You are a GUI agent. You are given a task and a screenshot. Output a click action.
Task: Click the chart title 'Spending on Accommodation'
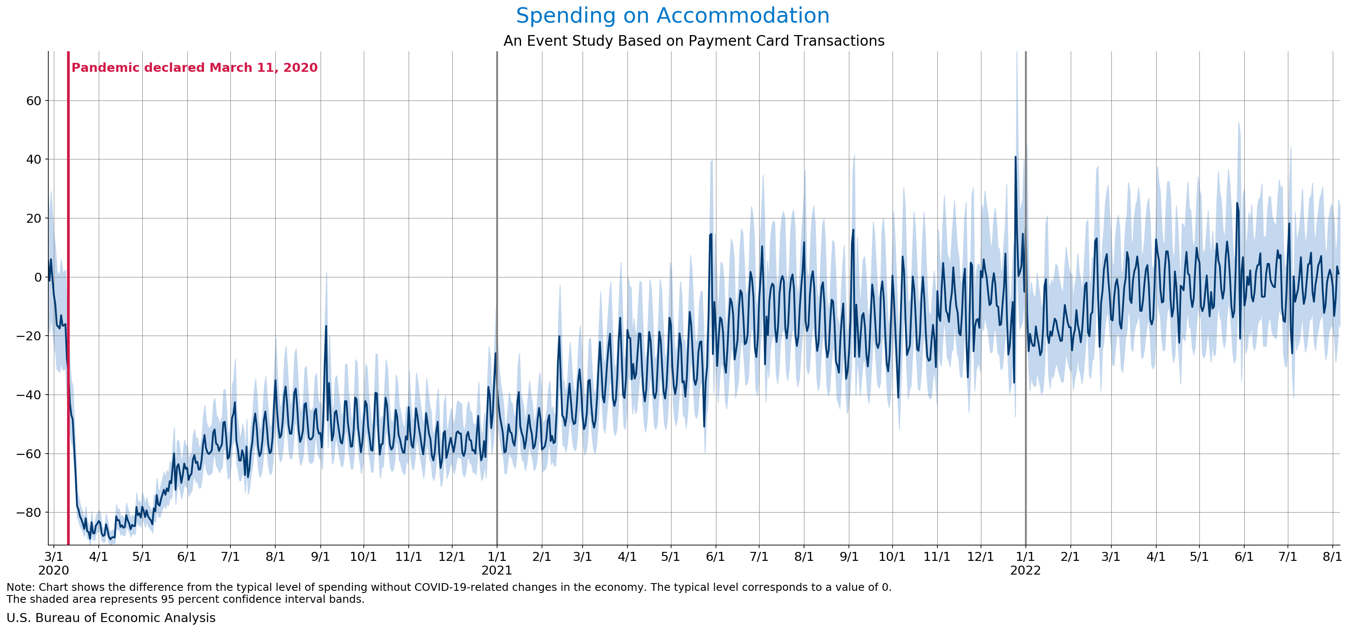click(672, 16)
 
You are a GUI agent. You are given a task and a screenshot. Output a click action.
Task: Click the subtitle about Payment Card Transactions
click(693, 41)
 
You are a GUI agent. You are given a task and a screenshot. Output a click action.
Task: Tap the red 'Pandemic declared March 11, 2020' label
click(194, 68)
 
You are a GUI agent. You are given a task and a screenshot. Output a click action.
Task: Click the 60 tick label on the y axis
click(33, 100)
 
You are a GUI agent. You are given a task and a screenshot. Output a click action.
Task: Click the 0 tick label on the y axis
click(38, 277)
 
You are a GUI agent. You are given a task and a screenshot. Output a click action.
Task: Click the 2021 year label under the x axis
click(496, 570)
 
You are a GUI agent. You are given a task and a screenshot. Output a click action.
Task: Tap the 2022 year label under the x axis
click(1025, 570)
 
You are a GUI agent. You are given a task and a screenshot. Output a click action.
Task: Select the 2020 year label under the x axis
click(53, 570)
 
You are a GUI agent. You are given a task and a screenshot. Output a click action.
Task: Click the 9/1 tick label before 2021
click(320, 556)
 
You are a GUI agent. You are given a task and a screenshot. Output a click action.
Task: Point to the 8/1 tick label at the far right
click(1332, 556)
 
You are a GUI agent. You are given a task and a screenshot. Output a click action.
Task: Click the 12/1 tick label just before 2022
click(980, 556)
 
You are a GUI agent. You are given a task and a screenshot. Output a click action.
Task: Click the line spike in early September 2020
click(326, 326)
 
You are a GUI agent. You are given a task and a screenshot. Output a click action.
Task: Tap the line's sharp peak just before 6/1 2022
click(1237, 203)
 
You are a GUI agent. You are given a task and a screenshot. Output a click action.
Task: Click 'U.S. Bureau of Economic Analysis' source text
click(111, 618)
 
